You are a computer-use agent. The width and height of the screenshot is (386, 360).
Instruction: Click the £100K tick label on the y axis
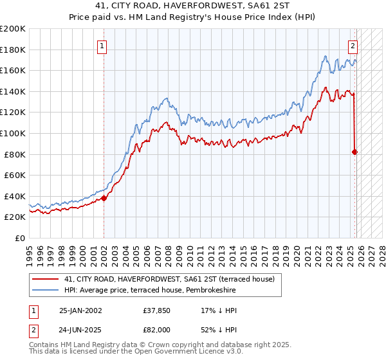[13, 133]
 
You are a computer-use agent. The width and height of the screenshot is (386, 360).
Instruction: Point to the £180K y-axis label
[13, 50]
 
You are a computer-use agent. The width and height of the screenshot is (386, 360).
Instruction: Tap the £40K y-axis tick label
[15, 196]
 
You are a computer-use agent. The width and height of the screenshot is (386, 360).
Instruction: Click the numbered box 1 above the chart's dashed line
[103, 46]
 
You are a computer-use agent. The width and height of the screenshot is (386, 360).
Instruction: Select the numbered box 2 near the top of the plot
[353, 46]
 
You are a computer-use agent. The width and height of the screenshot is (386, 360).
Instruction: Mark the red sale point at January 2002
[104, 198]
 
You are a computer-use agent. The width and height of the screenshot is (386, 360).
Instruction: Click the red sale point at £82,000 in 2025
[355, 152]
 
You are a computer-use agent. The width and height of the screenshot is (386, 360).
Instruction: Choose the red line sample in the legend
[46, 279]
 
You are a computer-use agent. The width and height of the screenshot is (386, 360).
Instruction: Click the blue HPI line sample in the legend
[46, 290]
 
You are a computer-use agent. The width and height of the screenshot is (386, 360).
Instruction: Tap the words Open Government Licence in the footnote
[183, 353]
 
